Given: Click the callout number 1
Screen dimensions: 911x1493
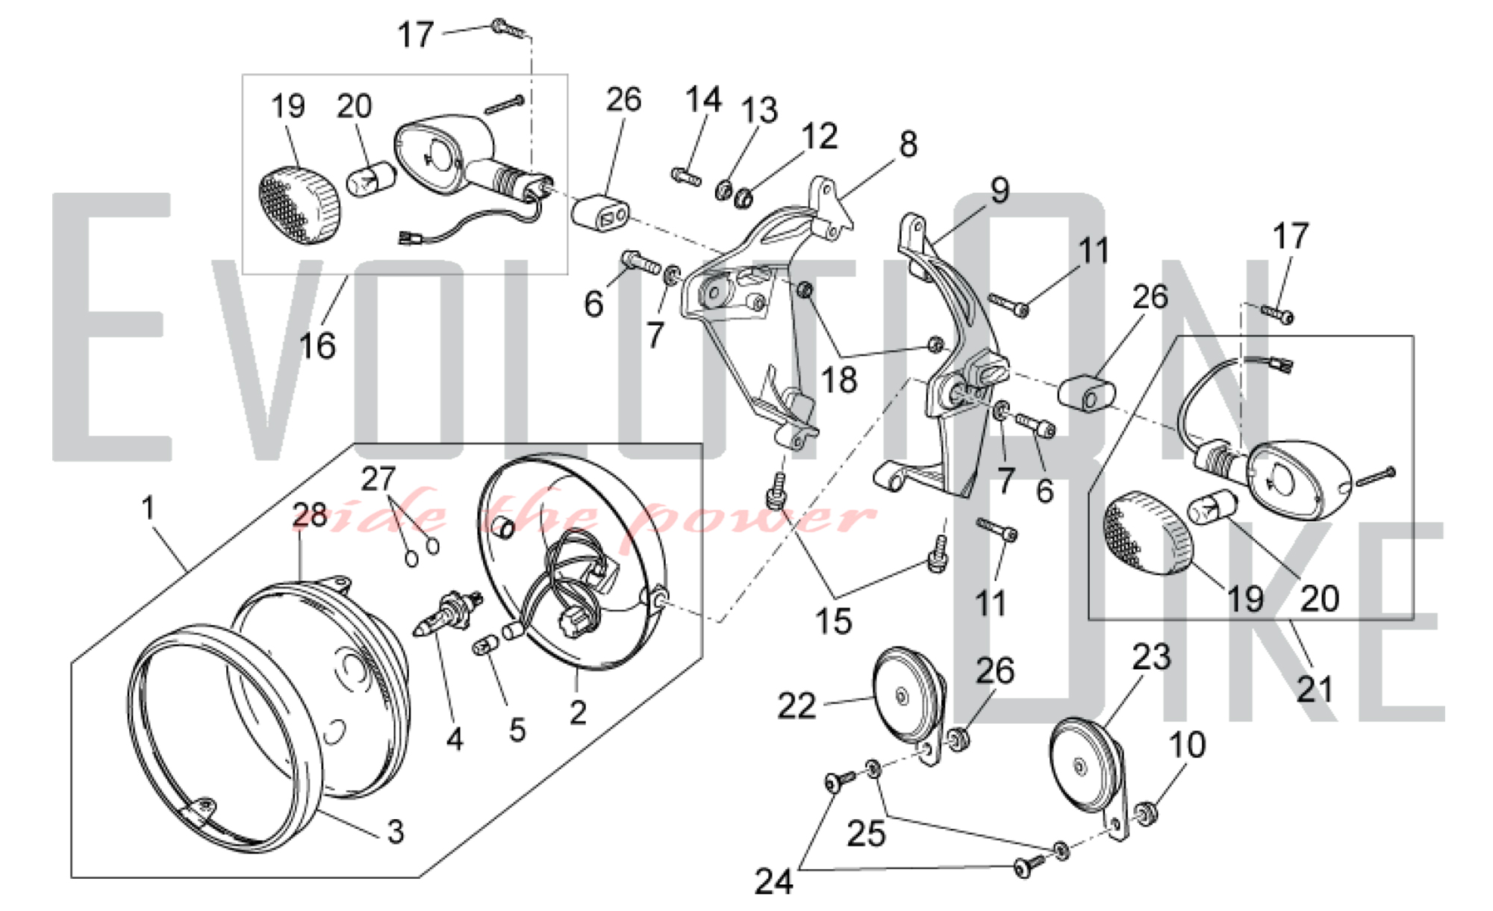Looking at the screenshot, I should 148,508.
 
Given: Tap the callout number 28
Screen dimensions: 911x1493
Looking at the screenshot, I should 310,515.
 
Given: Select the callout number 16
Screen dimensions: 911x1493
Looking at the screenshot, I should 317,346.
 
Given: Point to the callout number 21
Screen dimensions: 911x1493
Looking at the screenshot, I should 1315,689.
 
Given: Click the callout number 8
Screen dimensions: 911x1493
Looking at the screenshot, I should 908,144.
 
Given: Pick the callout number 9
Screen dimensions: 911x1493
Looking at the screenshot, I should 1000,190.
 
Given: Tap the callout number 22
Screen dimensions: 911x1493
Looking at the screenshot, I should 797,706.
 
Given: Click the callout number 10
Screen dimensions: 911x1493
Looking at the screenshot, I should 1187,744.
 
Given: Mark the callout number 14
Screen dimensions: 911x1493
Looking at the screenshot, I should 703,99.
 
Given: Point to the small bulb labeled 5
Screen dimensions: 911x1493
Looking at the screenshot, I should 486,644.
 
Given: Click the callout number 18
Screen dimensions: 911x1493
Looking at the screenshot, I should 838,380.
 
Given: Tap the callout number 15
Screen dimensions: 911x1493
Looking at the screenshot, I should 833,621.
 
